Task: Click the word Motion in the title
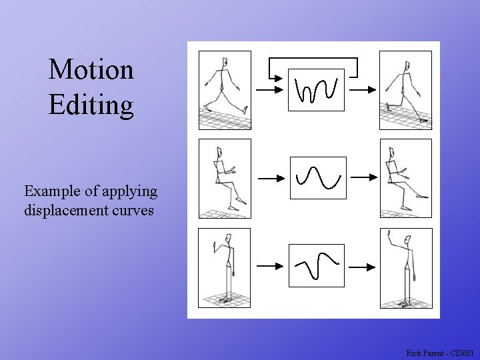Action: tap(91, 69)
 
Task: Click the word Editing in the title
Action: tap(91, 105)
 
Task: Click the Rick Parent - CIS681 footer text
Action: tap(440, 352)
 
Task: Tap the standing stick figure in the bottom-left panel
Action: tap(226, 267)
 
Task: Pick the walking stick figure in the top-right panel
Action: tap(405, 90)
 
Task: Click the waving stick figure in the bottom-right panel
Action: tap(404, 267)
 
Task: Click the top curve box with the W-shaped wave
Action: tap(316, 89)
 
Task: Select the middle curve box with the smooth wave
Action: tap(317, 177)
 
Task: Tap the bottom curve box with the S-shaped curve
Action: tap(317, 265)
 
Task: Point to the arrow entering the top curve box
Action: tap(271, 89)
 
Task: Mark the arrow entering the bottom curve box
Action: tap(271, 266)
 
